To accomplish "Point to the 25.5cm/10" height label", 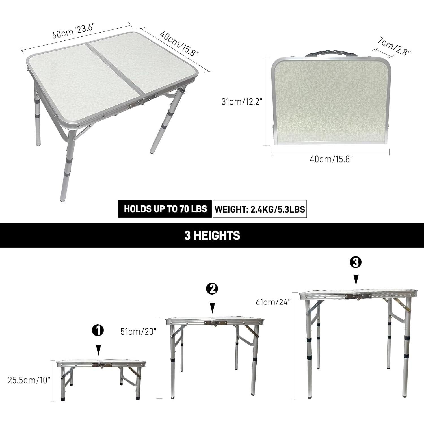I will [x=29, y=380].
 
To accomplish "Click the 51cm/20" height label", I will [x=138, y=331].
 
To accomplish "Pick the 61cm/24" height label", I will [x=273, y=302].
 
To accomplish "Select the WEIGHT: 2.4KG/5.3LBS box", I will [x=259, y=209].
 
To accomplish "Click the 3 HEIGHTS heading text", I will [x=212, y=235].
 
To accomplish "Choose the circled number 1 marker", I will [x=98, y=330].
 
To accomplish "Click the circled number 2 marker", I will [x=212, y=289].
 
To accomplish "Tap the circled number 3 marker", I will [x=356, y=263].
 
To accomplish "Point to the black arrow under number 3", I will [x=356, y=280].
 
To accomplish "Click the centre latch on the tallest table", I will [x=358, y=296].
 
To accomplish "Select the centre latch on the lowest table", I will [x=102, y=365].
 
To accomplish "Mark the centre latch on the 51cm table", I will [x=215, y=323].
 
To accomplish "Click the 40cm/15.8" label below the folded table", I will [x=331, y=159].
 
